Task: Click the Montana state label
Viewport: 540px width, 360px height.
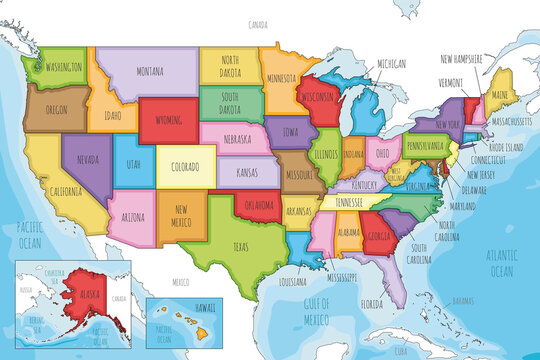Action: click(149, 71)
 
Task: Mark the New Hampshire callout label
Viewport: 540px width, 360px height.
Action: click(469, 59)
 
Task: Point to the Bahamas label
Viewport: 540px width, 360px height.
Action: click(463, 299)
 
